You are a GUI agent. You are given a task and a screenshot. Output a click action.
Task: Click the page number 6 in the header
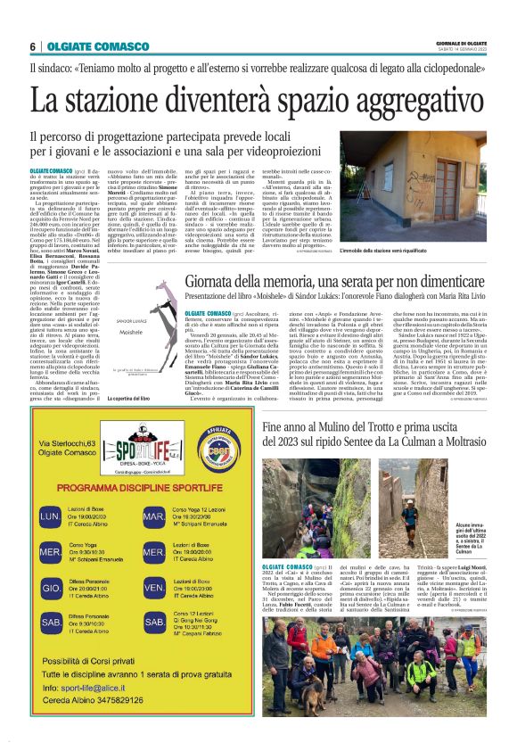pos(32,46)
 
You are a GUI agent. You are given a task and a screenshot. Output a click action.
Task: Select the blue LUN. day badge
pos(50,515)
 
